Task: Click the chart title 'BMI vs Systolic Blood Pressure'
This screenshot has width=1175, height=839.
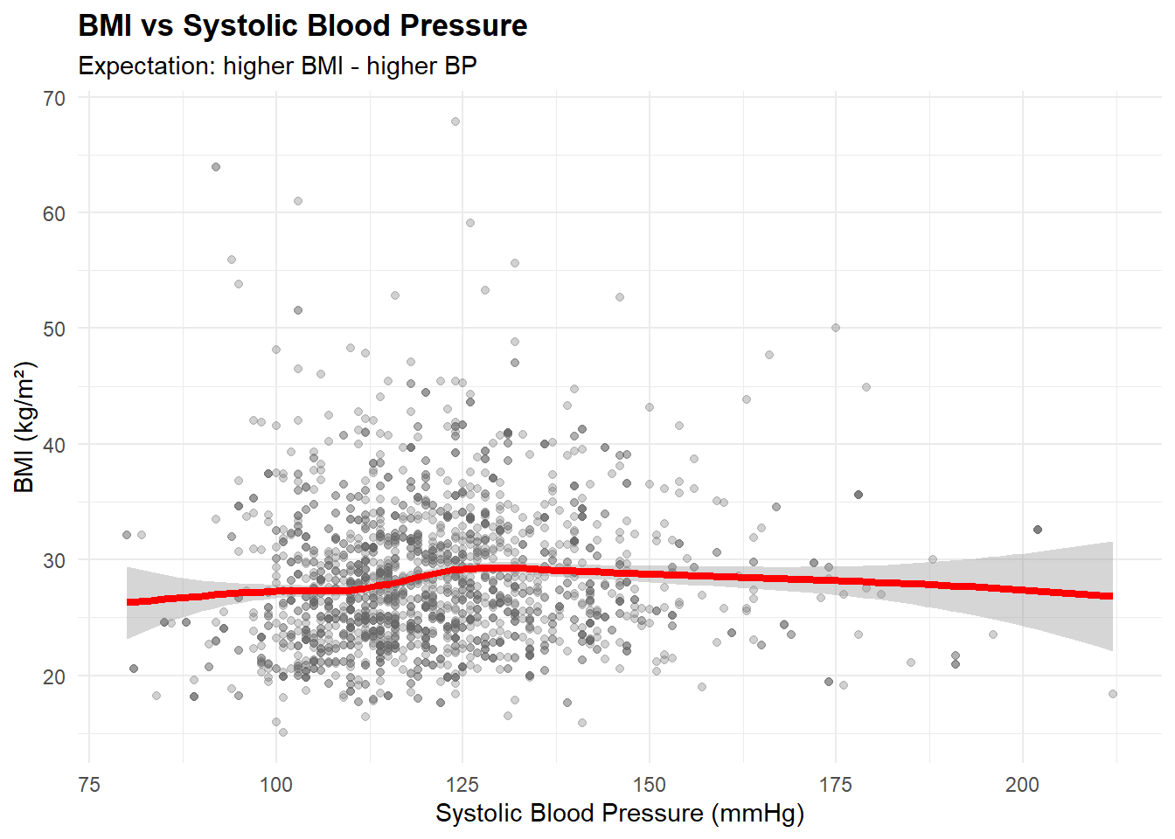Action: click(302, 26)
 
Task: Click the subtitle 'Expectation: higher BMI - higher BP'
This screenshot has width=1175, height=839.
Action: click(277, 66)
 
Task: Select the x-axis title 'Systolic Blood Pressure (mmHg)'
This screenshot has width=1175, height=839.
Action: click(619, 814)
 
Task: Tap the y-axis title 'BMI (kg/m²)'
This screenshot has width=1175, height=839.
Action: click(24, 426)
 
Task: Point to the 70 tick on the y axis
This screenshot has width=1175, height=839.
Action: click(54, 99)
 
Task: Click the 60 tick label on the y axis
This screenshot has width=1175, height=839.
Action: click(54, 214)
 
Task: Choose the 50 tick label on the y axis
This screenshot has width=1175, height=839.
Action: click(54, 329)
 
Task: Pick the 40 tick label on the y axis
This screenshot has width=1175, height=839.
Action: click(54, 445)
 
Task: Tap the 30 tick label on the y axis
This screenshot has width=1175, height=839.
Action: click(54, 561)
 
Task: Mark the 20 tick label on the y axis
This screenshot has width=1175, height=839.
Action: click(54, 676)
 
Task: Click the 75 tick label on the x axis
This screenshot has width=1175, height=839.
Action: click(89, 785)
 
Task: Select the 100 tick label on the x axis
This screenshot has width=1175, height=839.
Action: click(276, 785)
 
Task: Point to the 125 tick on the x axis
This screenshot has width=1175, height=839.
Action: click(462, 785)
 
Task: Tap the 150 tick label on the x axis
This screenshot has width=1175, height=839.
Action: click(649, 785)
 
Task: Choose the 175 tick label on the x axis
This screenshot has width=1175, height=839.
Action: click(836, 785)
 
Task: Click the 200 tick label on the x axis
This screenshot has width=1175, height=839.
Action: click(1022, 785)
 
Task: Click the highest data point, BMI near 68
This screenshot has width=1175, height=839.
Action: click(455, 121)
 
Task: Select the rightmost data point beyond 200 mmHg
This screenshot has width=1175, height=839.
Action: click(1113, 694)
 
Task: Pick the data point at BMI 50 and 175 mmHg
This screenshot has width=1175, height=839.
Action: click(836, 328)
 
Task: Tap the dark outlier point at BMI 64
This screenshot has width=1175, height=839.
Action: click(216, 167)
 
